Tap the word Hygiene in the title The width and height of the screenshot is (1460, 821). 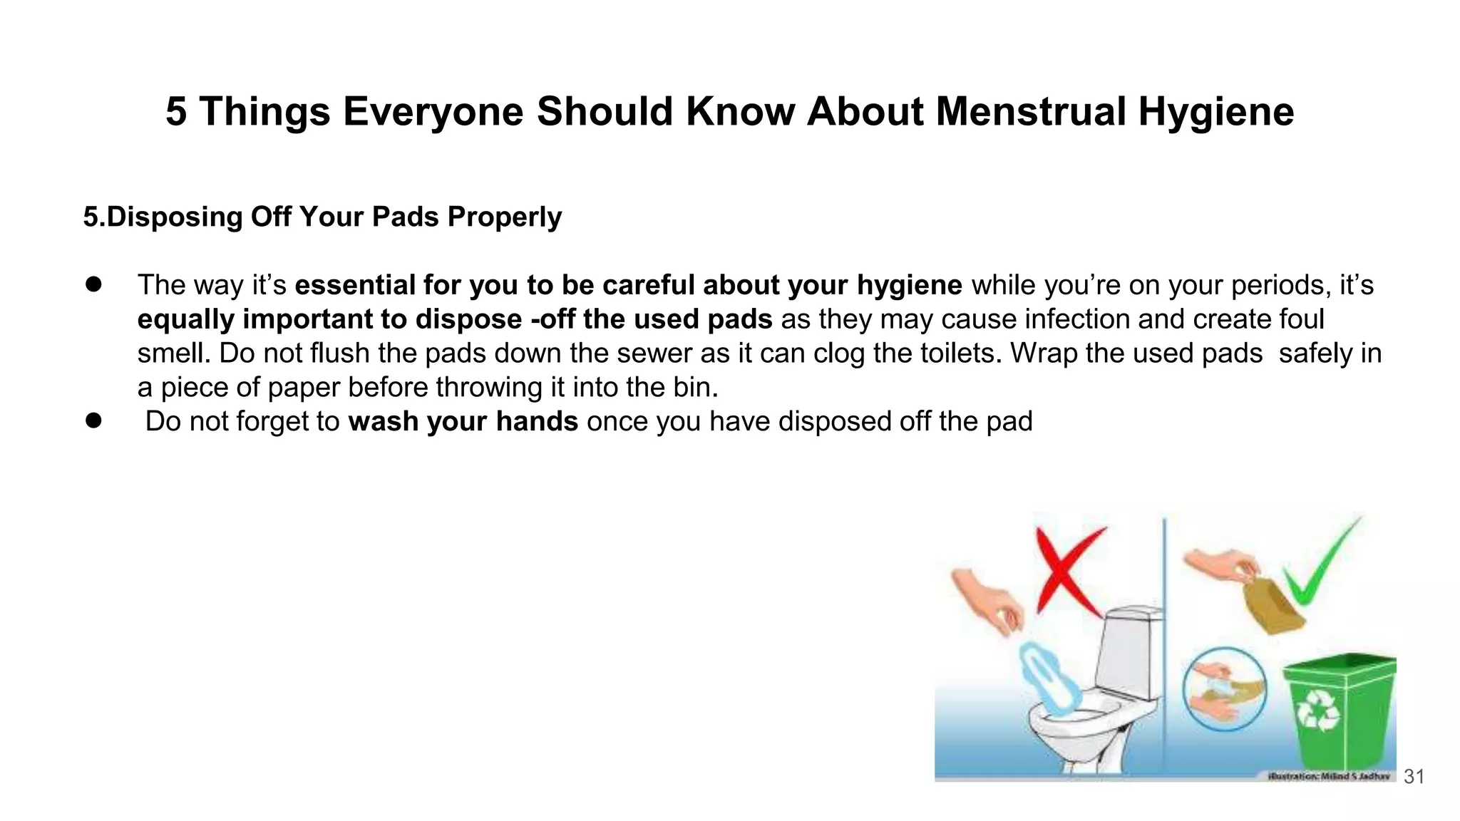coord(1215,112)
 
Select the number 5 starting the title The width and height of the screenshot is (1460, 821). coord(176,112)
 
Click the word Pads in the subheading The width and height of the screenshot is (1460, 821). coord(406,217)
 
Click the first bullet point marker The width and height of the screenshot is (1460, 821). coord(93,284)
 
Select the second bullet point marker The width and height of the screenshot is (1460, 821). coord(93,420)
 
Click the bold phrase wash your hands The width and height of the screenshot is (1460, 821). coord(463,421)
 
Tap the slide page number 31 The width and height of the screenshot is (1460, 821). coord(1414,776)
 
